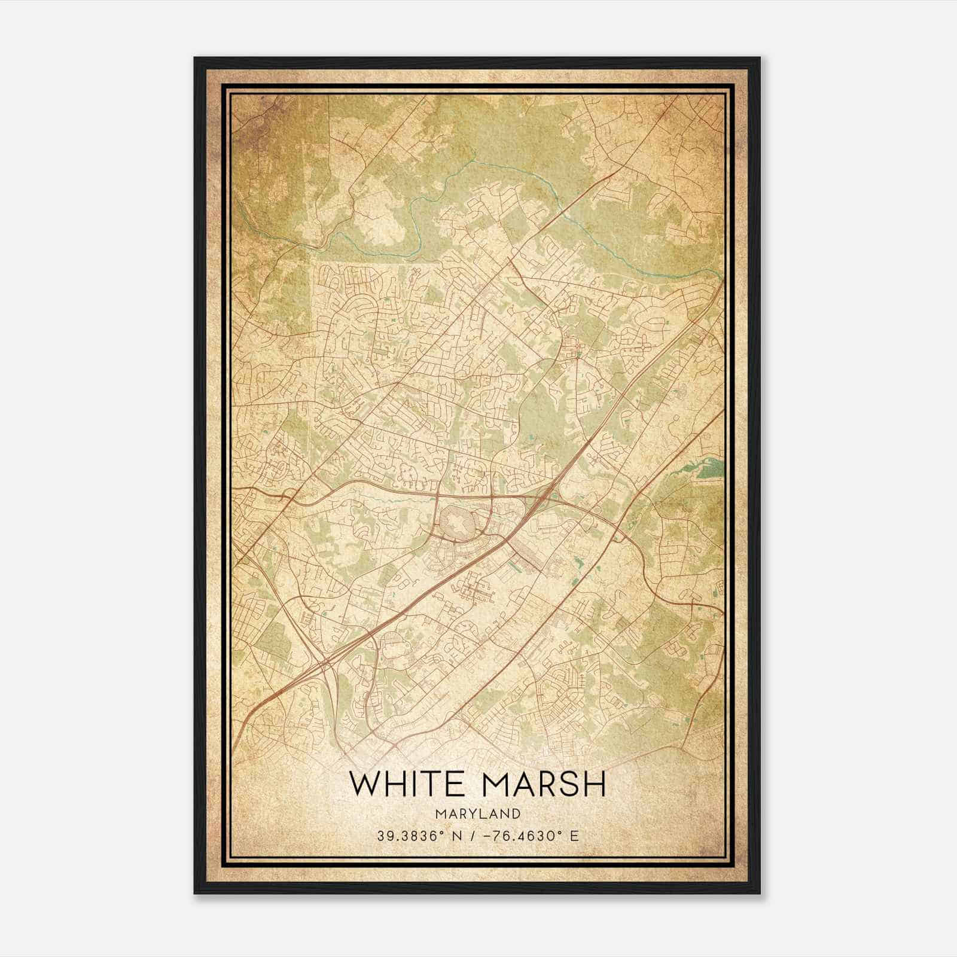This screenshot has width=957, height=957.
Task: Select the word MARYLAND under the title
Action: [x=478, y=813]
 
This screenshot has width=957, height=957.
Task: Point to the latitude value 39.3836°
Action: [x=407, y=836]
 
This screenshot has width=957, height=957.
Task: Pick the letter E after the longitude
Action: [x=574, y=836]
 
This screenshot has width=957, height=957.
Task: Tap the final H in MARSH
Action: [x=596, y=784]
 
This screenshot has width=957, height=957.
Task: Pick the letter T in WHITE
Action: [x=425, y=784]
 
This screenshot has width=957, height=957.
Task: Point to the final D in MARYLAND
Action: [x=516, y=813]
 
